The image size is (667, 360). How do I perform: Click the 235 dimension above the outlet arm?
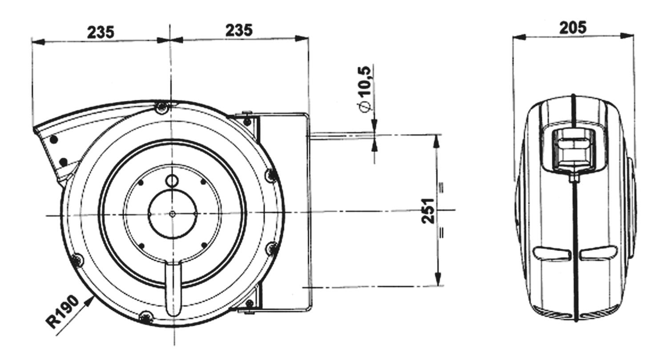(100, 32)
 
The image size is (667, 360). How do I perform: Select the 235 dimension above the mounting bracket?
(239, 30)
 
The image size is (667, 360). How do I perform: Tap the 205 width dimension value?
(573, 28)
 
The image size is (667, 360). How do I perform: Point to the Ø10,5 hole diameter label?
(366, 90)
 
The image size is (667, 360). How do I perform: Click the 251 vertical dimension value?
(429, 210)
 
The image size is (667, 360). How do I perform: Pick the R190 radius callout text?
(63, 312)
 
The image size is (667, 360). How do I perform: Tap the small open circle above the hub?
(172, 180)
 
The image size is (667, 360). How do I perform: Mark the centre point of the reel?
(172, 214)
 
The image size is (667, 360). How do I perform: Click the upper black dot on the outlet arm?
(54, 139)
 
